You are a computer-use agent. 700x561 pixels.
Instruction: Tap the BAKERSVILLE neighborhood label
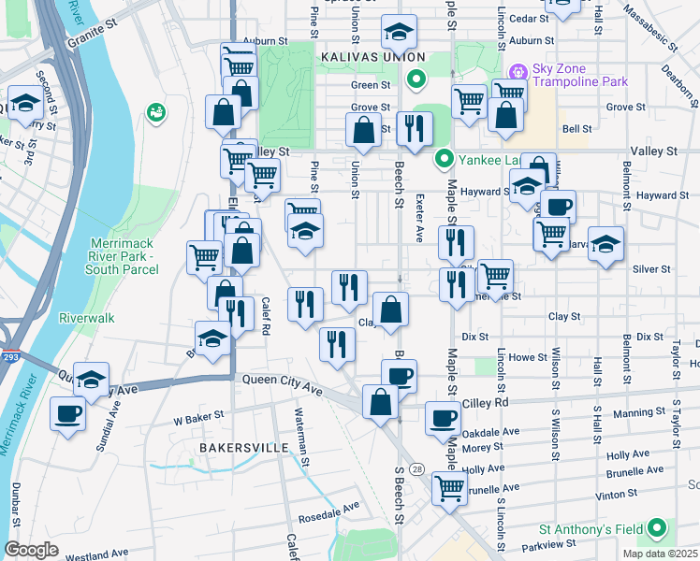[x=243, y=449]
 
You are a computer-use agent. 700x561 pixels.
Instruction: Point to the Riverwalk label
[x=86, y=318]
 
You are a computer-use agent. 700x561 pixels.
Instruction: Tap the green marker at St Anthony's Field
[x=658, y=529]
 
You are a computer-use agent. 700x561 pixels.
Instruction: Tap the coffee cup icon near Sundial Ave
[x=68, y=412]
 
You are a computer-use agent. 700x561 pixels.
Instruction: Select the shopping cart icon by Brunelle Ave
[x=449, y=488]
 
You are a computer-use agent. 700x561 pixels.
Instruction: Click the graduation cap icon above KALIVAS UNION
[x=399, y=35]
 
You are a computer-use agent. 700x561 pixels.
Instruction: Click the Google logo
[x=32, y=550]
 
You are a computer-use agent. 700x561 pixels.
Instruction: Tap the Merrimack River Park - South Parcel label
[x=124, y=256]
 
